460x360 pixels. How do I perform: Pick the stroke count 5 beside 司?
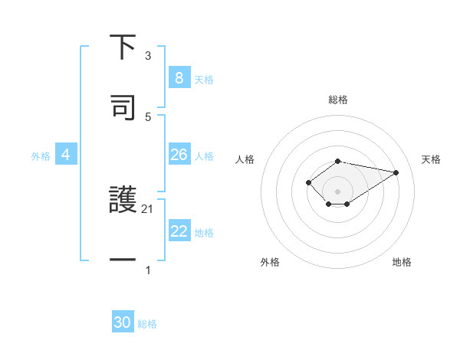click(x=148, y=116)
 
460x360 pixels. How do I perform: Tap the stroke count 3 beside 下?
click(x=148, y=56)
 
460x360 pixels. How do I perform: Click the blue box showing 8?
click(x=179, y=78)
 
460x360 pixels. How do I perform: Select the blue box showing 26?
click(x=179, y=155)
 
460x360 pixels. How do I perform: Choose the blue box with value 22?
click(x=179, y=231)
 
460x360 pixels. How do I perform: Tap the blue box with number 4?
click(x=65, y=155)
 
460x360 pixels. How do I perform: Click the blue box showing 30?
click(x=123, y=322)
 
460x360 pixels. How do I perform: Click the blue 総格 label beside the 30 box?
click(x=148, y=324)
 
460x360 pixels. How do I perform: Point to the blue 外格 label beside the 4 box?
click(x=41, y=156)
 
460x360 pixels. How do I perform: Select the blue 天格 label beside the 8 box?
click(x=204, y=80)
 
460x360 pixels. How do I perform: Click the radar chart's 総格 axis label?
click(x=337, y=100)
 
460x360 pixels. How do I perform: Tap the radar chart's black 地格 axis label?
click(x=402, y=262)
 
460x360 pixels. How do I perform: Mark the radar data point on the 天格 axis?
click(x=396, y=172)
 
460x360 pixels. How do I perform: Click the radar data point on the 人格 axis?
click(x=308, y=182)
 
